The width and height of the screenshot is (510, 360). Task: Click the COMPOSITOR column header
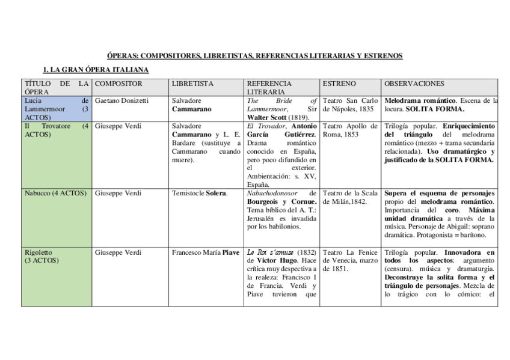(118, 84)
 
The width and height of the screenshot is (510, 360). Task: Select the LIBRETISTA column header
(192, 84)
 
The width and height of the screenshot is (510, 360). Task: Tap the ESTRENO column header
(339, 84)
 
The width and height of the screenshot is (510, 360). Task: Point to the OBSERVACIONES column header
(414, 84)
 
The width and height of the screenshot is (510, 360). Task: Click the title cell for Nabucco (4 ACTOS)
(55, 193)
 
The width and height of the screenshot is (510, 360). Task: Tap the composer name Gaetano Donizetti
(121, 100)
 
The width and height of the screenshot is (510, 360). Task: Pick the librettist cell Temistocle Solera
(200, 193)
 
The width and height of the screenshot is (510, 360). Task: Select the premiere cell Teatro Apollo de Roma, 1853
(350, 130)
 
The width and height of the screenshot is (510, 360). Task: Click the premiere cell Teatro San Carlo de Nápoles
(350, 105)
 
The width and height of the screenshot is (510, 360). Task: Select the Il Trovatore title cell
(55, 130)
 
